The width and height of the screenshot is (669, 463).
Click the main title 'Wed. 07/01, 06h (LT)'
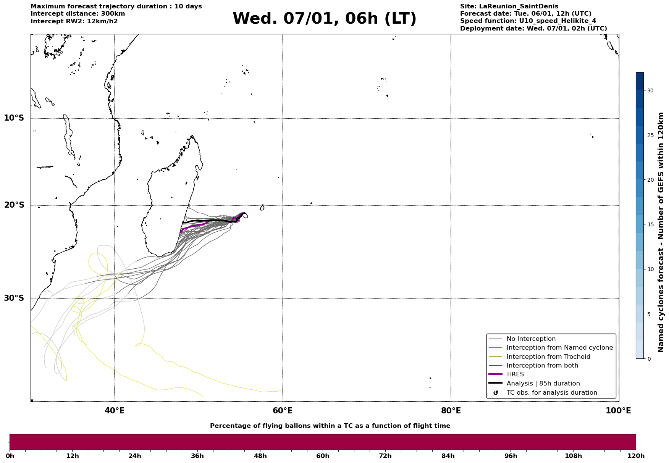[x=324, y=19]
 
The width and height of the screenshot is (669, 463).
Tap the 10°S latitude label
[x=14, y=118]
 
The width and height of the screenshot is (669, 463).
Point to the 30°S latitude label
[x=14, y=298]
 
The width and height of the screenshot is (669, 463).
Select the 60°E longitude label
[x=283, y=411]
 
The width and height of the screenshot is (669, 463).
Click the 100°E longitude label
[x=618, y=411]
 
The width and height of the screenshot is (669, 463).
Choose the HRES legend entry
[x=515, y=374]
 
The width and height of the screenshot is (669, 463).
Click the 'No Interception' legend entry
[x=531, y=339]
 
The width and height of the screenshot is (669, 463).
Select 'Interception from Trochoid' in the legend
[x=548, y=357]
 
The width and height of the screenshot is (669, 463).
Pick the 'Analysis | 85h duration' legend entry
[x=543, y=384]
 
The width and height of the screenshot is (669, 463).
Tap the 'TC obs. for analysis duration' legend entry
[x=551, y=393]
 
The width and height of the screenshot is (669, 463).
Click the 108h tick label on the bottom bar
[x=573, y=456]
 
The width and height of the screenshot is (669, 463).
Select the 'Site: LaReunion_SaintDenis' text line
[x=509, y=6]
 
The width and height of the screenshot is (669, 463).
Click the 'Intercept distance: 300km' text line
[x=78, y=14]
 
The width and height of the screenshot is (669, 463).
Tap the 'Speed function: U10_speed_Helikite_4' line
[x=528, y=21]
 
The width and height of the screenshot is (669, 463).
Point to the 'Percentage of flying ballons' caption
[x=330, y=426]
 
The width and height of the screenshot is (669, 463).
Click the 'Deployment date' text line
[x=533, y=29]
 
